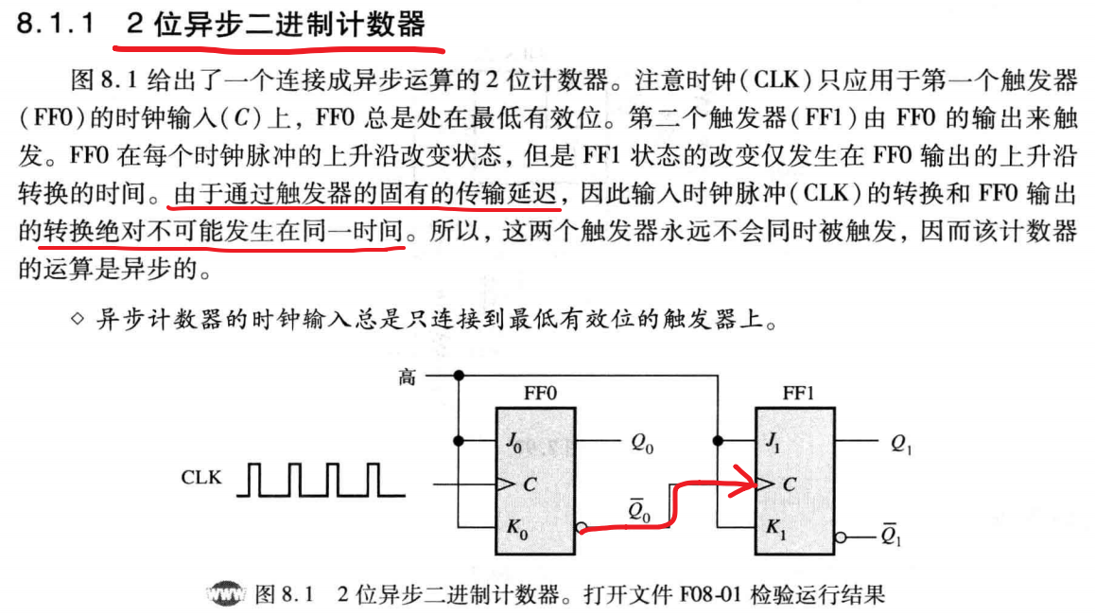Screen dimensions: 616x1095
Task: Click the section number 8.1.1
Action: click(56, 26)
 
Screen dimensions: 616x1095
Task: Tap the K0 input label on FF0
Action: click(516, 529)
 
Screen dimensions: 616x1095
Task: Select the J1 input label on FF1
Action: click(773, 441)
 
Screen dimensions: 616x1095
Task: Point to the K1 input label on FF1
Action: click(773, 529)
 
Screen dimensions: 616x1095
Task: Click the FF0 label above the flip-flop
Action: click(540, 391)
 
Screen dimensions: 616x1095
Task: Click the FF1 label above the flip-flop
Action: click(797, 391)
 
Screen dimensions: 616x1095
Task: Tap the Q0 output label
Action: click(641, 443)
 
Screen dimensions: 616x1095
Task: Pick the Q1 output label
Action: click(900, 443)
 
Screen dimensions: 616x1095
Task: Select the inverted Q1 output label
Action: click(890, 537)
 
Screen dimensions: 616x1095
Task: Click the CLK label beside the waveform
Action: click(201, 478)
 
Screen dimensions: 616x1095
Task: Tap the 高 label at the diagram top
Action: click(407, 378)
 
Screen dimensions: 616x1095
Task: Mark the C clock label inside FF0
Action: click(530, 485)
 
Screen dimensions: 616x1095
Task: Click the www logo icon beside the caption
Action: click(227, 596)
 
